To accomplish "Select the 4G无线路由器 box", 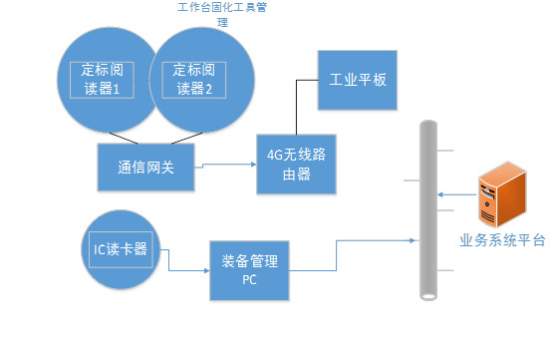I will pyautogui.click(x=297, y=164).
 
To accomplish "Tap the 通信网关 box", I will pyautogui.click(x=145, y=168).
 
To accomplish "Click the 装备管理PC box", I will pyautogui.click(x=249, y=270).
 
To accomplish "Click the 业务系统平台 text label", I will pyautogui.click(x=501, y=240).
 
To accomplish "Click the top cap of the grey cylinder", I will pyautogui.click(x=428, y=124).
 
